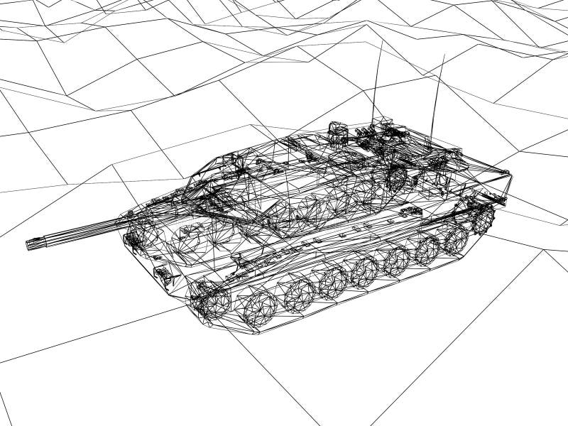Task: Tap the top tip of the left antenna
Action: (x=381, y=40)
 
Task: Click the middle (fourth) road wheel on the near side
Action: (x=365, y=271)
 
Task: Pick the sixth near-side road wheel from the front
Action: (x=426, y=248)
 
